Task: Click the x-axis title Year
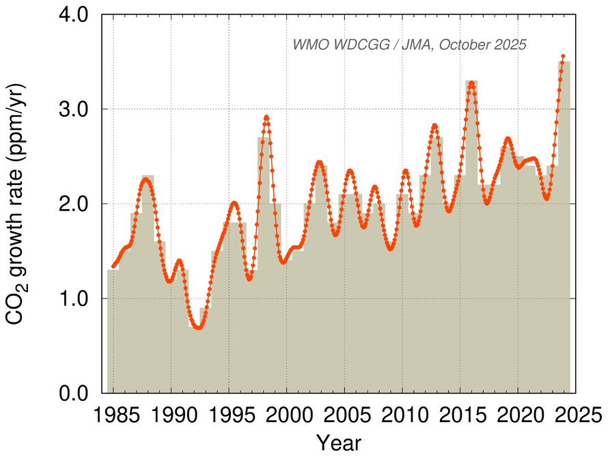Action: [x=339, y=441]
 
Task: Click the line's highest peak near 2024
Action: [x=563, y=56]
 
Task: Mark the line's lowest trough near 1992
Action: [x=198, y=328]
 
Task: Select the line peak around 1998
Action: [x=266, y=117]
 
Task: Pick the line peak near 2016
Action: [x=471, y=83]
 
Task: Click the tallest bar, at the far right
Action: [x=564, y=225]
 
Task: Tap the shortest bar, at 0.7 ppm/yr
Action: [x=194, y=362]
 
